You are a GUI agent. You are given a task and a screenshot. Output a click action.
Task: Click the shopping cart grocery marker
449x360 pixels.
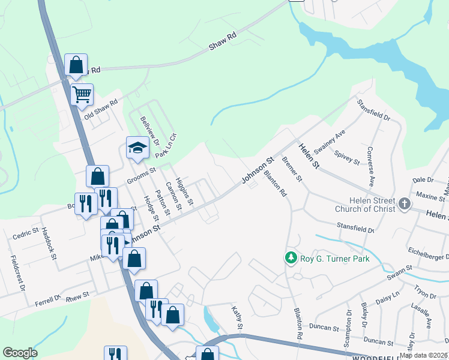click(82, 94)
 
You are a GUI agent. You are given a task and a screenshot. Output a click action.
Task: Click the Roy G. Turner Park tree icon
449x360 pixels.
click(291, 258)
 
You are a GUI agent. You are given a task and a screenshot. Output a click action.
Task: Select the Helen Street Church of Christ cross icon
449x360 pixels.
click(405, 204)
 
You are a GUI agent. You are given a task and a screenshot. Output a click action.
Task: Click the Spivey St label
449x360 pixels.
click(347, 158)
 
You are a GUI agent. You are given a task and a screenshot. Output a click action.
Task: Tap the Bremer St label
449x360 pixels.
click(293, 170)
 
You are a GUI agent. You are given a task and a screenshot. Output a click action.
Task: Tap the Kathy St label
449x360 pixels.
click(237, 317)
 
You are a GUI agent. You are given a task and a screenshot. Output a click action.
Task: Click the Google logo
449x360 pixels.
click(20, 353)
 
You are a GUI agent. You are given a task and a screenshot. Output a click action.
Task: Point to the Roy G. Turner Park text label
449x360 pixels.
click(335, 259)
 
